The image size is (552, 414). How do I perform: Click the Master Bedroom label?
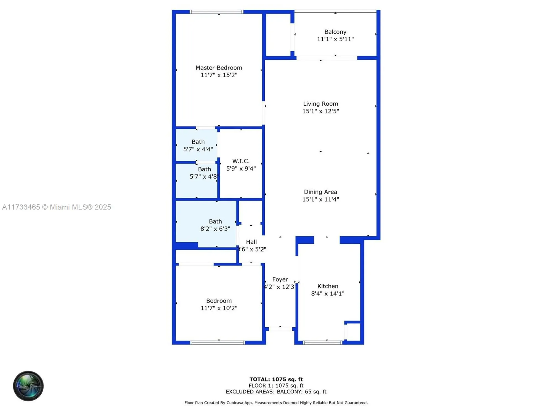pos(219,68)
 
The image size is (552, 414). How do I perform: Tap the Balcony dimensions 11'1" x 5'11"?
pos(335,39)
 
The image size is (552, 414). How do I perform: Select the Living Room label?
pos(320,104)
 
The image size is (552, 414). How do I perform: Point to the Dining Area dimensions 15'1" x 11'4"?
pos(320,199)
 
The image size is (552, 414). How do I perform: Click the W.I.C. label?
pos(241,161)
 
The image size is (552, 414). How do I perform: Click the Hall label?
pos(251,242)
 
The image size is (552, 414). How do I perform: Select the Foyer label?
pos(280,280)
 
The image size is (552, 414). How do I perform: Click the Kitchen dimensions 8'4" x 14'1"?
pos(328,294)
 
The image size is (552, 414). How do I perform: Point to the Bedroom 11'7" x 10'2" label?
pos(219,301)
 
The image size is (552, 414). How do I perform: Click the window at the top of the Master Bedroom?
pos(217,12)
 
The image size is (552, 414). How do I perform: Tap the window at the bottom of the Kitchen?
pos(322,343)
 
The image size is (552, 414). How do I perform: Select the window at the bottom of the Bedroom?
pos(218,343)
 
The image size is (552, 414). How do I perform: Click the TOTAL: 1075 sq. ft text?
pos(276,380)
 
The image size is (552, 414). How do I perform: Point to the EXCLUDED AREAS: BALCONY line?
pos(276,392)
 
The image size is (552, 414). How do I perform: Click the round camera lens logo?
pos(28,386)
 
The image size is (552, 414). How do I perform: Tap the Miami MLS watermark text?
pos(57,207)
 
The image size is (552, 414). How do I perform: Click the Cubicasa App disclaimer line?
pos(276,403)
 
